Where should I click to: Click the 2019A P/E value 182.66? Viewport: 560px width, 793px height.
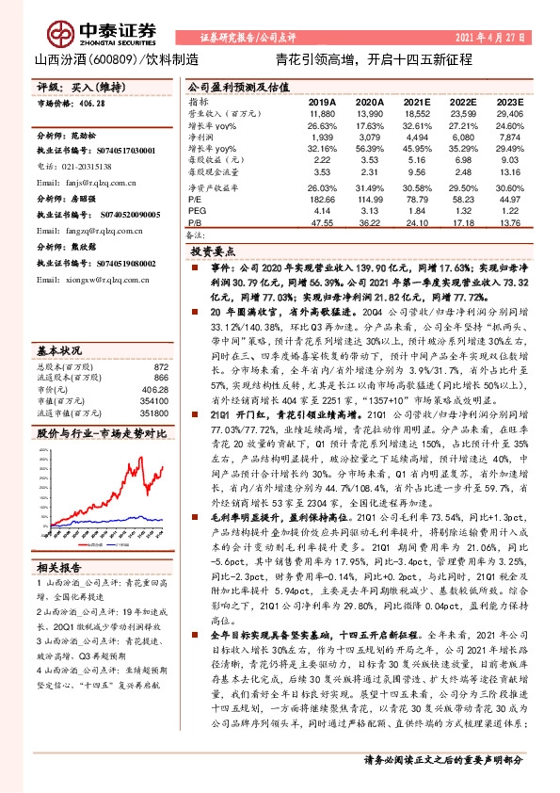click(x=322, y=199)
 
